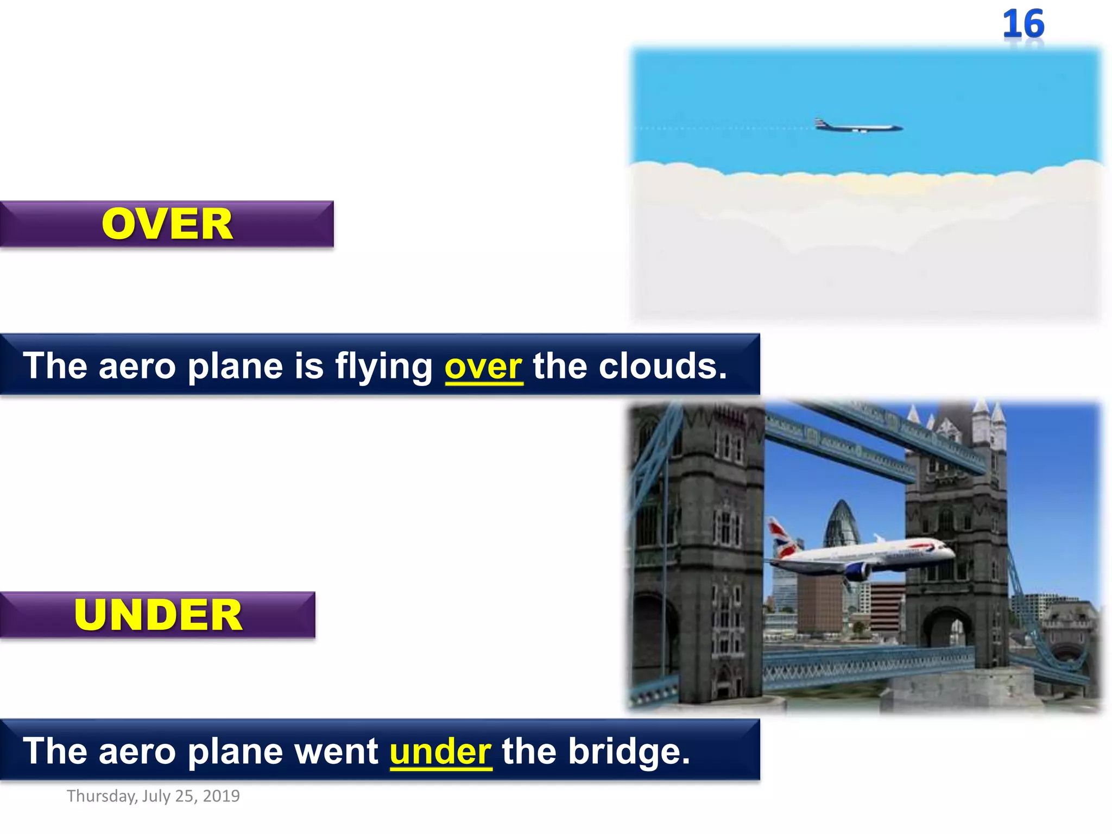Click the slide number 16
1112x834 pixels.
(1023, 24)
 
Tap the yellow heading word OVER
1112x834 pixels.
(167, 224)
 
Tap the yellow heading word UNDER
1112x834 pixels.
(158, 615)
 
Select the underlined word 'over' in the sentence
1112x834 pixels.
(483, 366)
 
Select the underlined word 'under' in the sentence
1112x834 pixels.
(440, 751)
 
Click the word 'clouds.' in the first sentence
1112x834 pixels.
(662, 366)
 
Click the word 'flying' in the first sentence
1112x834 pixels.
(383, 367)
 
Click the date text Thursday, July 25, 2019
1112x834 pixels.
(153, 796)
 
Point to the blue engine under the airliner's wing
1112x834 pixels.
(857, 571)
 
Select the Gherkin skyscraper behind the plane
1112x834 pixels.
(842, 524)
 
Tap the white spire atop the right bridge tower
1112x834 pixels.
(982, 421)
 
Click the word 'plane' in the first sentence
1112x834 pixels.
(235, 367)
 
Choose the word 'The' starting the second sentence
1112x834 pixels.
(55, 751)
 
